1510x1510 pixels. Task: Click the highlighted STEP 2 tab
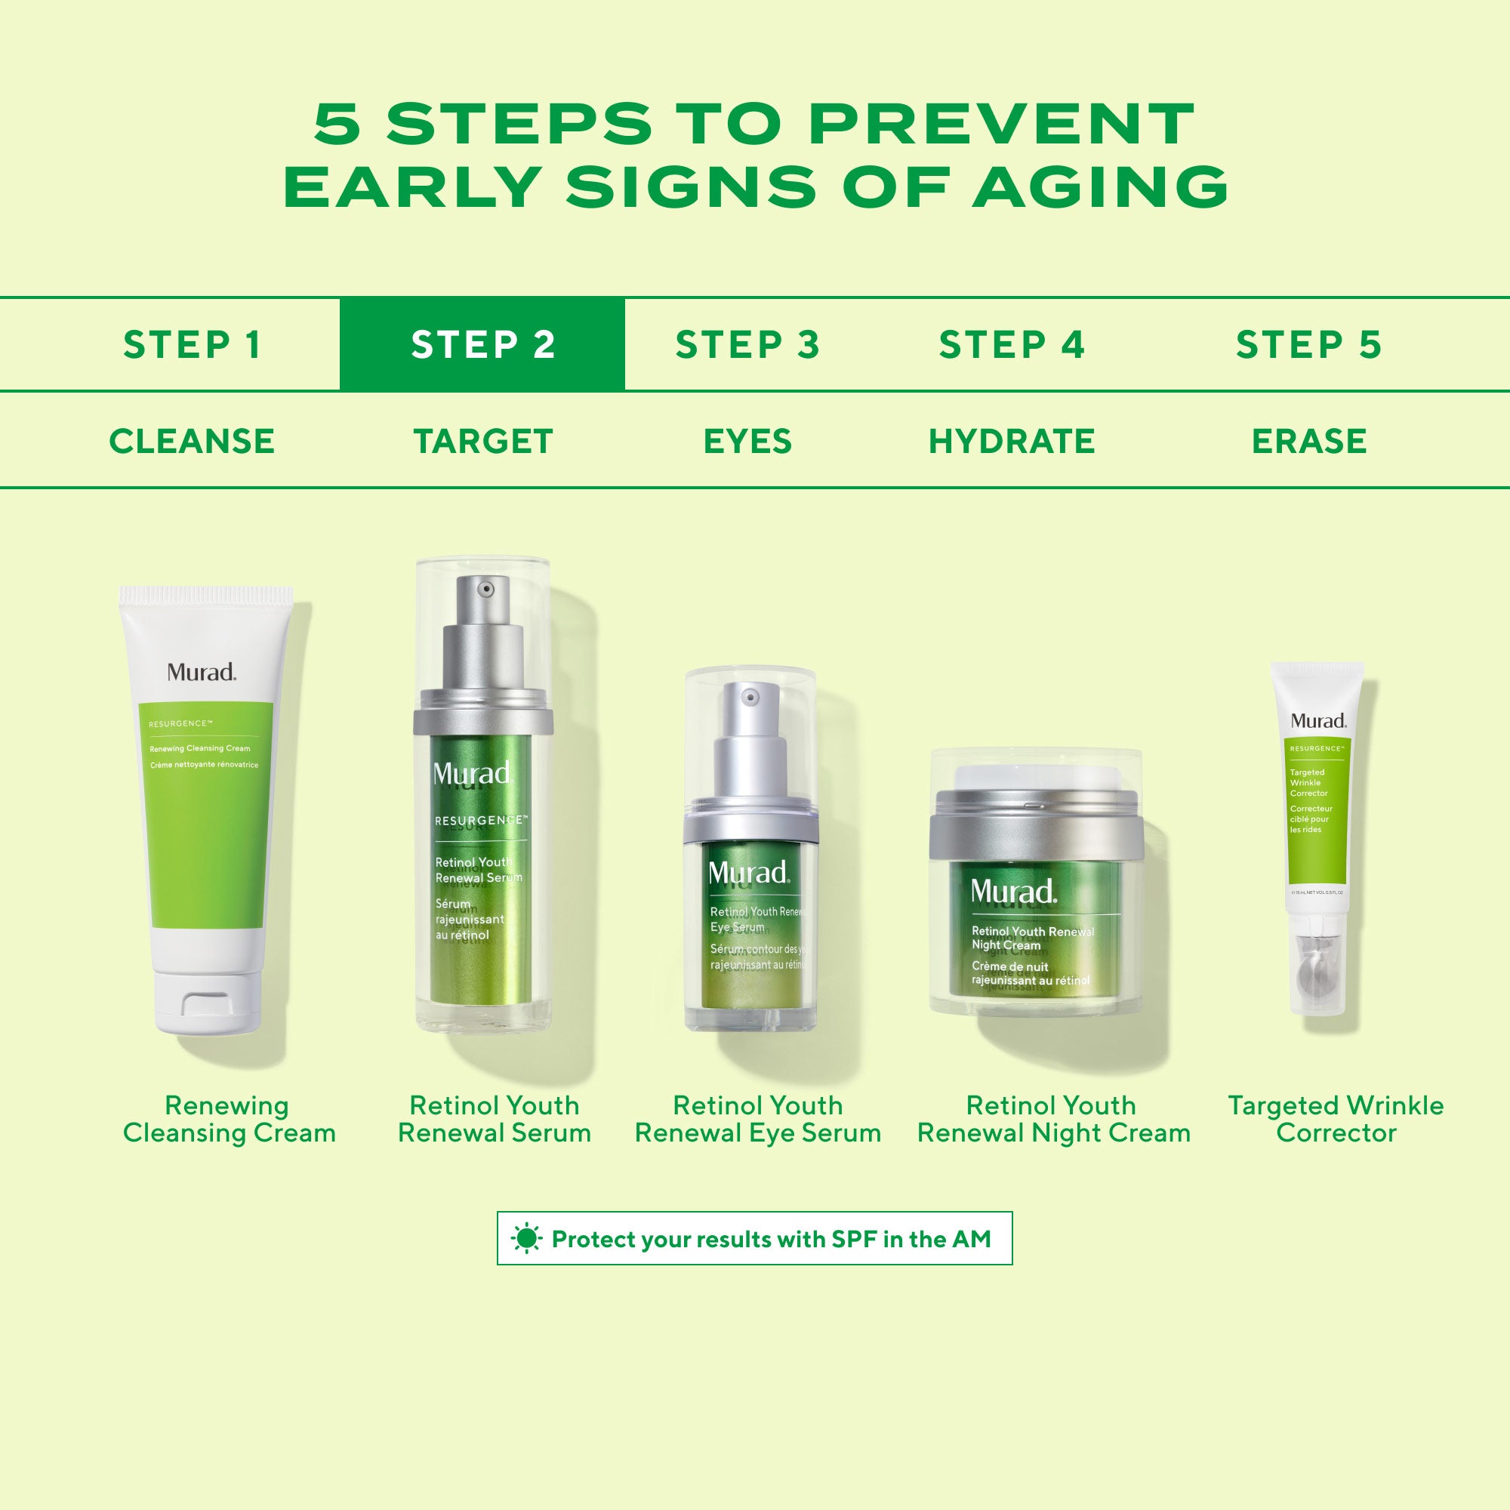tap(482, 345)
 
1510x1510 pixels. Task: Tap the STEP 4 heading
tap(1012, 345)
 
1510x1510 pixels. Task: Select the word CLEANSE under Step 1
tap(192, 441)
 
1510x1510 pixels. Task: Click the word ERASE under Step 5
tap(1308, 441)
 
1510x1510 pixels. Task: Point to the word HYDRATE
tap(1012, 441)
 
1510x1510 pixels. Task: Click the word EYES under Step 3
tap(747, 441)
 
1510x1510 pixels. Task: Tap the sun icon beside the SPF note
tap(526, 1239)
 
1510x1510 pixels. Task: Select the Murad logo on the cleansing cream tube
tap(201, 672)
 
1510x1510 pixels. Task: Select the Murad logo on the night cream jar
tap(1013, 892)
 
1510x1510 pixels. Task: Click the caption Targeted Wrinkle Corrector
tap(1336, 1118)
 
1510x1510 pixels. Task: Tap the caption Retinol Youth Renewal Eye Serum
tap(757, 1118)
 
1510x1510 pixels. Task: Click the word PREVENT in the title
tap(1001, 125)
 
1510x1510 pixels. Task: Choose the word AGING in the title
tap(1101, 186)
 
